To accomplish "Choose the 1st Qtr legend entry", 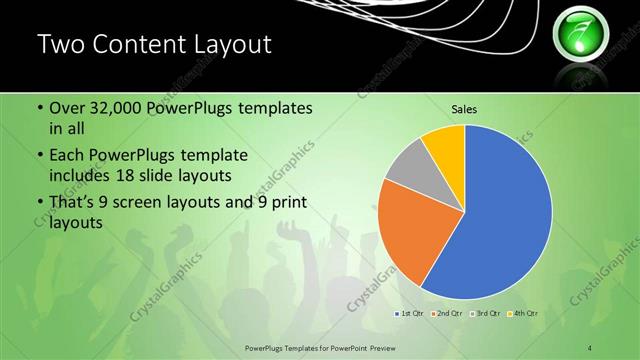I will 410,313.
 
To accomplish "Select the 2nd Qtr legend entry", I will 446,313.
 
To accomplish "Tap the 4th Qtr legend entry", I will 521,313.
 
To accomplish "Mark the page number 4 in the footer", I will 590,347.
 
